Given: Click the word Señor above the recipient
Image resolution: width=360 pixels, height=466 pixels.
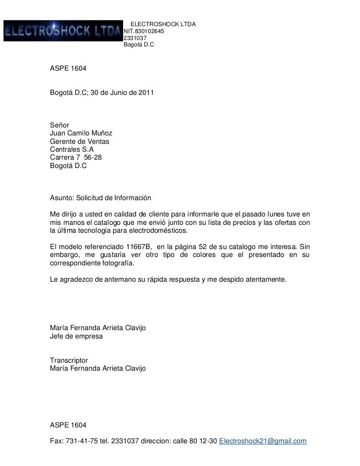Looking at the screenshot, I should [60, 125].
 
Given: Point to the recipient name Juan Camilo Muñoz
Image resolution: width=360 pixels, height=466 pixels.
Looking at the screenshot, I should [81, 133].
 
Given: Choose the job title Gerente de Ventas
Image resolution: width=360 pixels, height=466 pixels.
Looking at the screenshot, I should [80, 142].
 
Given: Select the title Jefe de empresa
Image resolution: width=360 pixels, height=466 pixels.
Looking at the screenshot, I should [76, 336].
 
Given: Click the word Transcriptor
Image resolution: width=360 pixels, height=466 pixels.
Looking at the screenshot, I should [69, 360].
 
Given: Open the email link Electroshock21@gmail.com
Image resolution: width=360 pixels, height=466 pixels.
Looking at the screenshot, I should [263, 441].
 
